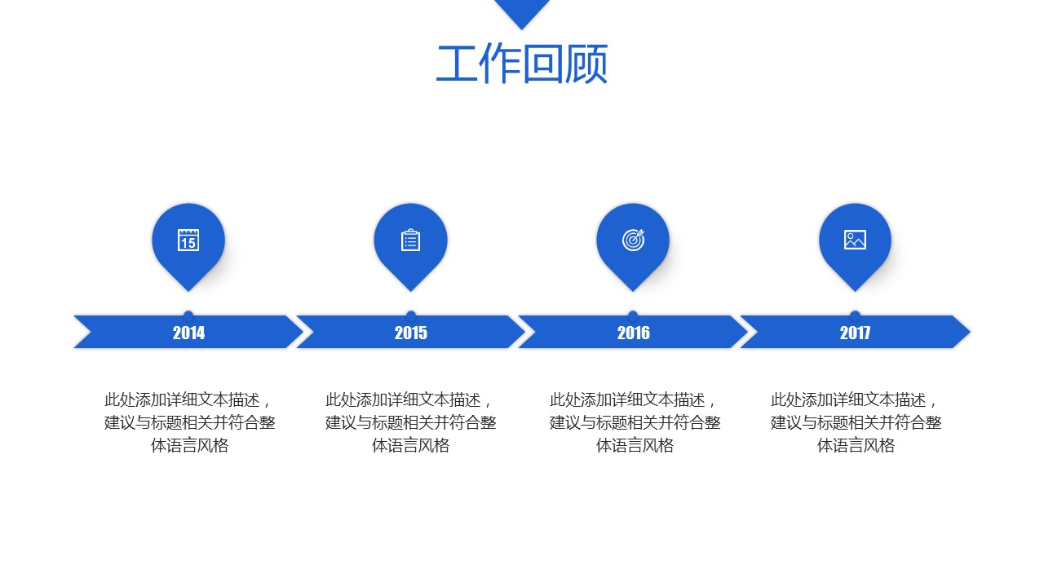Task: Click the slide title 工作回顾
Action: (x=522, y=65)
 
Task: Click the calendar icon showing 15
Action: (x=188, y=240)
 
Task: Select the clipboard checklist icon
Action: (x=410, y=240)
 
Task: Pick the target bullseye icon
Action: (x=633, y=240)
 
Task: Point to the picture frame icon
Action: (x=855, y=240)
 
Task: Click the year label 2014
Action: (x=188, y=333)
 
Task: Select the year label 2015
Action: (x=410, y=333)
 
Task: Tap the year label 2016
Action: (x=633, y=333)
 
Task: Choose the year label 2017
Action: (x=855, y=333)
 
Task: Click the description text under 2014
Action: (x=189, y=423)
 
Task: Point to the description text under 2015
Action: (x=410, y=423)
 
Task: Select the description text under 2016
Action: (x=635, y=423)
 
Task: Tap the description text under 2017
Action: (x=856, y=423)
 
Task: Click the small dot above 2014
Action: (x=188, y=314)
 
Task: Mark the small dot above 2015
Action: (x=411, y=314)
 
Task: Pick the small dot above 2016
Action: (x=633, y=314)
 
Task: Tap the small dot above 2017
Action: (x=855, y=314)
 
